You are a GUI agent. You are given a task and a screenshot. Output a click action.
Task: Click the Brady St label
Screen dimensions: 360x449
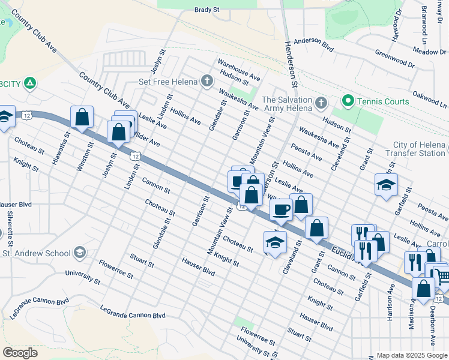[208, 10]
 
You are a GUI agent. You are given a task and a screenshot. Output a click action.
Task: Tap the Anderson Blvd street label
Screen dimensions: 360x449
[313, 43]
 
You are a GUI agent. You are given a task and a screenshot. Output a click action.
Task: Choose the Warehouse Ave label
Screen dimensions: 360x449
[239, 70]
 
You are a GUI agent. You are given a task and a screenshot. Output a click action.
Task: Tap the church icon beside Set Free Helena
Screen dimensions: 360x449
[206, 80]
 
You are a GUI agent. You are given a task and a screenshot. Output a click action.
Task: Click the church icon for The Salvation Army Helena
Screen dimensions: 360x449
[321, 103]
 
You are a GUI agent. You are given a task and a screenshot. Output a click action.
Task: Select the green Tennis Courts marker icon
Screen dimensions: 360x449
[347, 101]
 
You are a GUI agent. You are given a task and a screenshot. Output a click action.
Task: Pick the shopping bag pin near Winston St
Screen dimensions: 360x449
[82, 118]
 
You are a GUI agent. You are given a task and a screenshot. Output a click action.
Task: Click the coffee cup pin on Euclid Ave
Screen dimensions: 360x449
[281, 209]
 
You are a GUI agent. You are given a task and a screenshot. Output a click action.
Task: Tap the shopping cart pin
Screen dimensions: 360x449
[442, 275]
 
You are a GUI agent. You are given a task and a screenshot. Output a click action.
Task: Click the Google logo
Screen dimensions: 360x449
[20, 353]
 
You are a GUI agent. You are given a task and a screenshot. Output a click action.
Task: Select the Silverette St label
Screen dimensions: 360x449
[10, 225]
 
